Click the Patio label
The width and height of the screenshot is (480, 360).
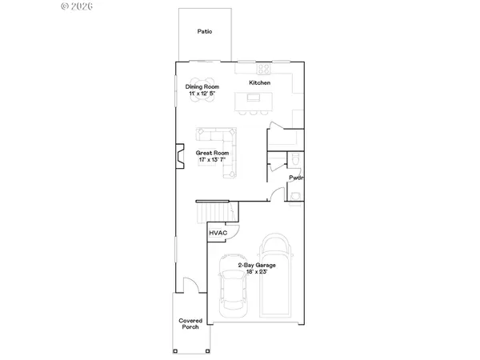click(x=204, y=32)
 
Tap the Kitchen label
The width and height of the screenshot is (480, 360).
click(x=260, y=83)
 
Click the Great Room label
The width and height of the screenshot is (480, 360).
click(x=213, y=152)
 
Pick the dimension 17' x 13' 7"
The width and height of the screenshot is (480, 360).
click(x=213, y=160)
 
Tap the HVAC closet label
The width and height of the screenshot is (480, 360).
click(x=218, y=233)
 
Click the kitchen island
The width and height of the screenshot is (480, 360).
click(x=254, y=98)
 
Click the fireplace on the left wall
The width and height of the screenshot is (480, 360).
click(x=179, y=156)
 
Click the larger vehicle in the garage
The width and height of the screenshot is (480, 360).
click(x=278, y=276)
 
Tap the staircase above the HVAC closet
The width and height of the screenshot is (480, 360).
click(x=218, y=212)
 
